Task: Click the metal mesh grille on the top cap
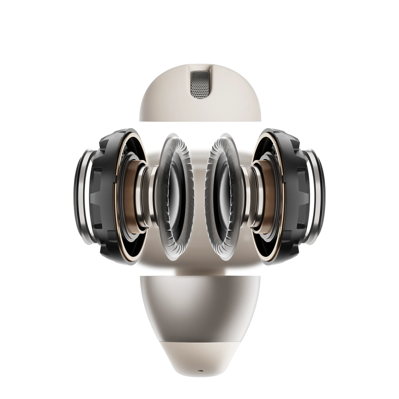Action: click(199, 84)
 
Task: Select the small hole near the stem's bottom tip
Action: click(199, 376)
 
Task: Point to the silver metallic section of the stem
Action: click(199, 303)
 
